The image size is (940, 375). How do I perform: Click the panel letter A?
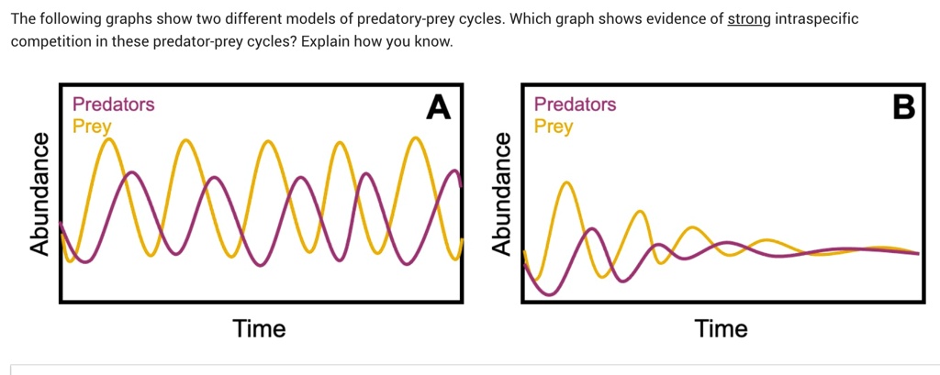coord(440,107)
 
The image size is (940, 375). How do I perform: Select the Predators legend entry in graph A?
coord(113,105)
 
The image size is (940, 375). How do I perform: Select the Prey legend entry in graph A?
coord(92,127)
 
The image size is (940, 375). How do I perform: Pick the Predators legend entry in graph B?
coord(575,105)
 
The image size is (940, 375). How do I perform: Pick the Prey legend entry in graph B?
coord(554,127)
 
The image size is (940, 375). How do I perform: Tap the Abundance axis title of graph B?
coord(501,193)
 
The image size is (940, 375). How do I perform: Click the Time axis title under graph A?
coord(259,328)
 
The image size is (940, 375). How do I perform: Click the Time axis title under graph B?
coord(722,328)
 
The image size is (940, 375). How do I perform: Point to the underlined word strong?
coord(748,19)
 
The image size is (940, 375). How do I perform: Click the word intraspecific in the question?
coord(817,19)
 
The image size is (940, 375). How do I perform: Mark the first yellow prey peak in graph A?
coord(110,139)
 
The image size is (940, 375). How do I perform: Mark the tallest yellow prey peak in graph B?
coord(566,183)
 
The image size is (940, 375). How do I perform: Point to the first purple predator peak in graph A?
coord(132,172)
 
